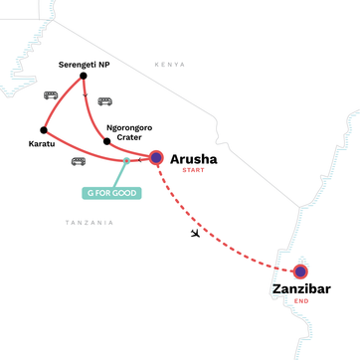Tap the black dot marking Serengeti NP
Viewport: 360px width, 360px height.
click(x=83, y=76)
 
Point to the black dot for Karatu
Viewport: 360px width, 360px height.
click(x=43, y=130)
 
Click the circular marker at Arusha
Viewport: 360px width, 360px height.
click(x=156, y=157)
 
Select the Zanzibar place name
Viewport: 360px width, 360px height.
click(x=301, y=289)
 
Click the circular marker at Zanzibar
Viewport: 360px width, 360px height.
click(x=300, y=270)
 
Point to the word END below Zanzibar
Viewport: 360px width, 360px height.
click(x=301, y=304)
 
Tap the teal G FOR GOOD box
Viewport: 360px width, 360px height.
click(x=111, y=192)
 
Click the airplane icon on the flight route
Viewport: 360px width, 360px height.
click(x=194, y=234)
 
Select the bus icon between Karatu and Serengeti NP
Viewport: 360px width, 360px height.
click(x=50, y=95)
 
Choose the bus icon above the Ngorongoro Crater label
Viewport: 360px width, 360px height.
click(x=104, y=101)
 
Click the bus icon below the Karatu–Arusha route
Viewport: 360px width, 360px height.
click(x=78, y=160)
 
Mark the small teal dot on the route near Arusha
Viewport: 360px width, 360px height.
click(x=126, y=160)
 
